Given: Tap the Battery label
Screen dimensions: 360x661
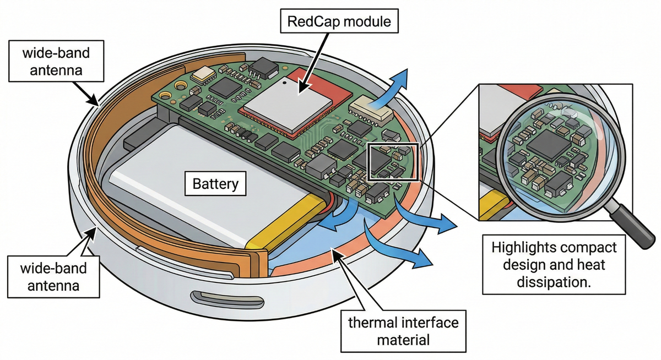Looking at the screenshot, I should pos(215,183).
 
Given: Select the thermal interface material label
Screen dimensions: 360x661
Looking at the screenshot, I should pos(403,330).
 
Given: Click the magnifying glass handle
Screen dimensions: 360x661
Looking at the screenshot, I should pos(633,221).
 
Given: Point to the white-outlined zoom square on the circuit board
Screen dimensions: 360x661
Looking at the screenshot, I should pos(393,162).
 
